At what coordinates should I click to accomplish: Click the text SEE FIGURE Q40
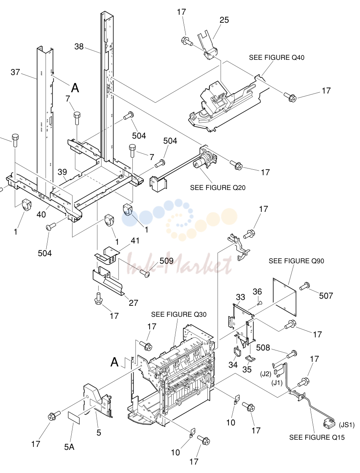[x=277, y=57]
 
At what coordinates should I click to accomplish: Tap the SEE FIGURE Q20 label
[x=218, y=187]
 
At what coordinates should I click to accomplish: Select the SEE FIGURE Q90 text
[x=296, y=261]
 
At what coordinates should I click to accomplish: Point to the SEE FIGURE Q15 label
[x=317, y=437]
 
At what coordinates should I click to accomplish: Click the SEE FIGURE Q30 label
[x=179, y=314]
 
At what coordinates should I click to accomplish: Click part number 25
[x=224, y=20]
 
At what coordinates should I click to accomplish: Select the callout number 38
[x=79, y=47]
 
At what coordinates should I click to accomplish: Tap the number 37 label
[x=16, y=72]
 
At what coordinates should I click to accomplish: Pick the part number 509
[x=167, y=260]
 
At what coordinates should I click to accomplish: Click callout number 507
[x=326, y=296]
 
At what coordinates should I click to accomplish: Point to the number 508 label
[x=263, y=347]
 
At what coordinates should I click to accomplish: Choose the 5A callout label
[x=69, y=446]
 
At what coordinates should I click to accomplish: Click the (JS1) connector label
[x=347, y=425]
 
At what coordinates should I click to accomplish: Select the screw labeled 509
[x=145, y=273]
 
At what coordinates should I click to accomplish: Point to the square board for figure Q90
[x=284, y=297]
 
